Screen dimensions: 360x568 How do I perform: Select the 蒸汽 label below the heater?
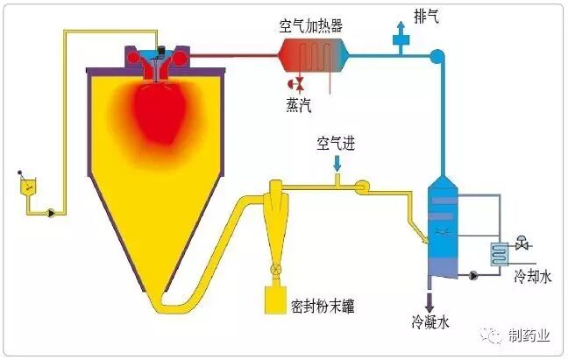pyautogui.click(x=297, y=103)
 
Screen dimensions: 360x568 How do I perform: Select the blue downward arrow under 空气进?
pyautogui.click(x=338, y=164)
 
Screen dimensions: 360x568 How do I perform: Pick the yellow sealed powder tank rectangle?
pyautogui.click(x=274, y=303)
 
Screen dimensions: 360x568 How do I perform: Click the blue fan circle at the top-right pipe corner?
pyautogui.click(x=437, y=57)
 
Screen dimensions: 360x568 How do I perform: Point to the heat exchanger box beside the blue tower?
pyautogui.click(x=501, y=253)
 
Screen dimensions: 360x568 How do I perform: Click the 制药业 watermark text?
pyautogui.click(x=531, y=335)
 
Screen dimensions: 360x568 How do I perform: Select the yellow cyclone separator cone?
pyautogui.click(x=273, y=228)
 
